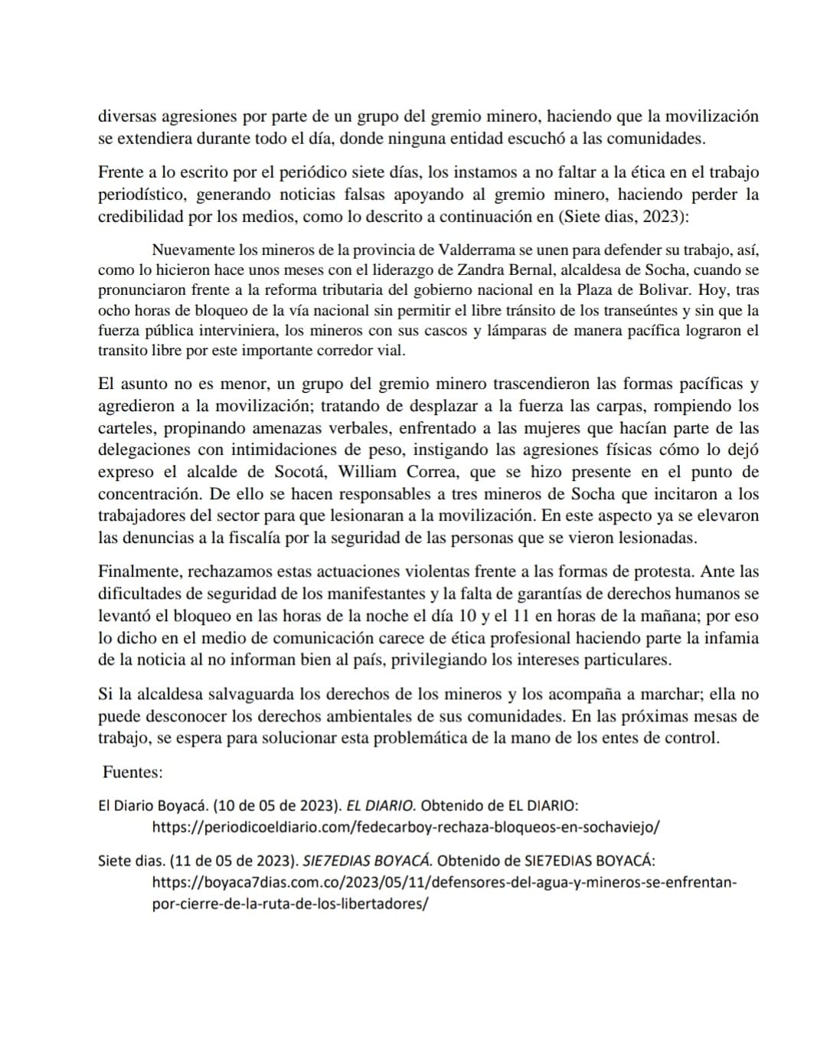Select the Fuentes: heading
pos(132,772)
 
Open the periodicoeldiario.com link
pos(406,827)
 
